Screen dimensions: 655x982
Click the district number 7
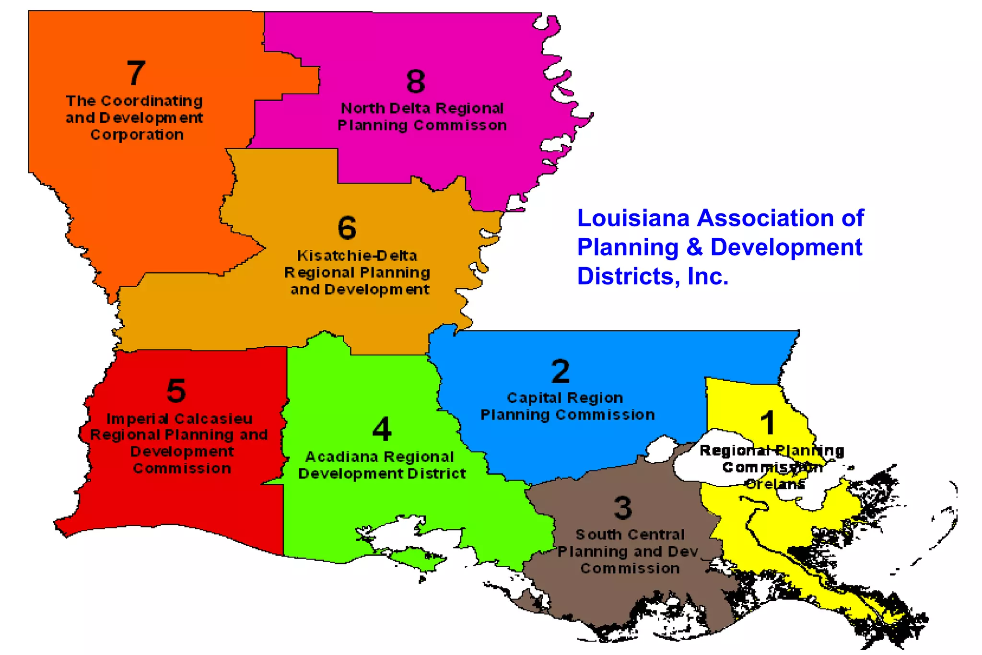click(136, 73)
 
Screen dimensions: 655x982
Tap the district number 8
click(416, 81)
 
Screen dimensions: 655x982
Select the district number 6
click(347, 227)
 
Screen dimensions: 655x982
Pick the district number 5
click(176, 390)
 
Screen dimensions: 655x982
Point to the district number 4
click(382, 429)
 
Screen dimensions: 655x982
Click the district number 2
click(561, 371)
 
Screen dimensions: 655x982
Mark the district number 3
click(623, 507)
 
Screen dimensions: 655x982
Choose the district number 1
click(768, 422)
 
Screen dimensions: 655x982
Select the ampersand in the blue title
click(694, 247)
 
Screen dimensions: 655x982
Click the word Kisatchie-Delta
click(357, 256)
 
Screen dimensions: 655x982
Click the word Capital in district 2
click(534, 398)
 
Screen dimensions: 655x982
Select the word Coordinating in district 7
click(152, 101)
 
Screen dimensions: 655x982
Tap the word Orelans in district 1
click(775, 484)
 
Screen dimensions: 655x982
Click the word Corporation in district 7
click(137, 135)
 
